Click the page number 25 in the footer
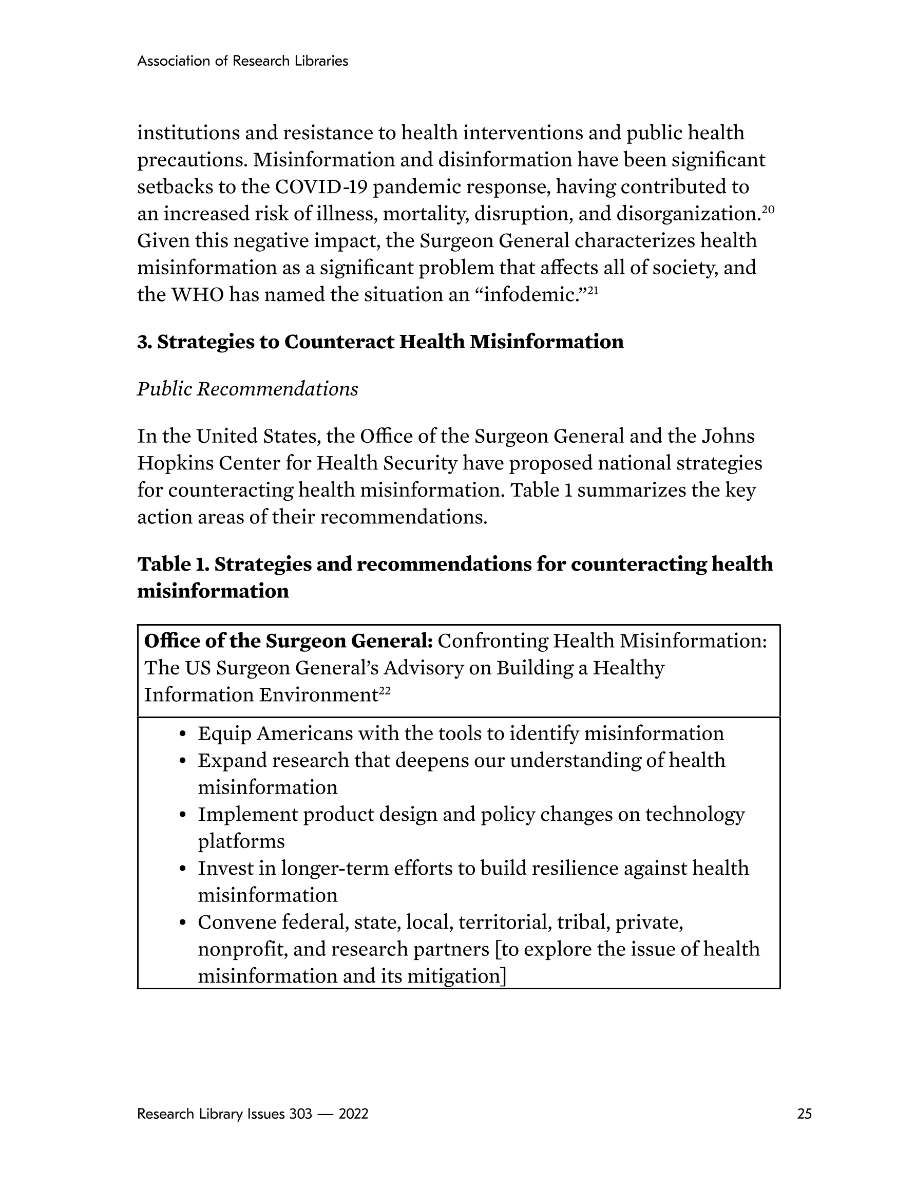pos(804,1114)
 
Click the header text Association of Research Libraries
pos(242,61)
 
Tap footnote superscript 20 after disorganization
pos(768,210)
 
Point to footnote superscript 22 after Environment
pos(385,691)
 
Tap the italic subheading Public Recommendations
pos(247,389)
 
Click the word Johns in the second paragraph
pos(728,436)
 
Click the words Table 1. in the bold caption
pos(173,564)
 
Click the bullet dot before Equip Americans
pos(183,734)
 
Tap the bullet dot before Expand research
pos(183,761)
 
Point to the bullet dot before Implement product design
pos(183,815)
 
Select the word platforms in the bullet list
pos(241,842)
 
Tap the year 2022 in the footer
pos(353,1114)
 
